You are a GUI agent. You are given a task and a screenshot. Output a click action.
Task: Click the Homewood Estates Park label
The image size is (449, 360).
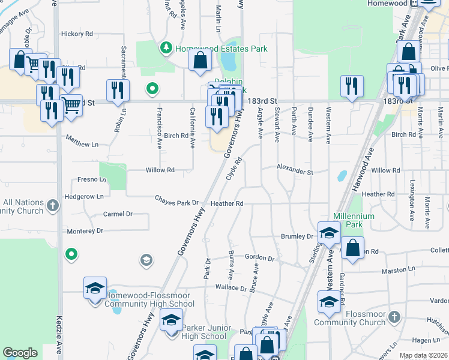(221, 49)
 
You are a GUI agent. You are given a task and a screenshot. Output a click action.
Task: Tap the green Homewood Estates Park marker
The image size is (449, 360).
(166, 47)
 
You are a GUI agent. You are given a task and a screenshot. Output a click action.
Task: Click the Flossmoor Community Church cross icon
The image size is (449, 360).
(394, 316)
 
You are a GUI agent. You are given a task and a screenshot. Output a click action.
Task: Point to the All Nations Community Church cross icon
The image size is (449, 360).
(53, 206)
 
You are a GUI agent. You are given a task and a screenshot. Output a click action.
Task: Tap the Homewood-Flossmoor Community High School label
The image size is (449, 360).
(149, 299)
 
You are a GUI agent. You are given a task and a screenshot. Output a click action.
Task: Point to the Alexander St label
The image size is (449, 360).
(295, 172)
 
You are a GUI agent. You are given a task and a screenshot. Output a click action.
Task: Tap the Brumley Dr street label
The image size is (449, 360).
(297, 236)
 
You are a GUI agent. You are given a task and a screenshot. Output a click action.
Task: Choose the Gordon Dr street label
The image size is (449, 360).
(259, 258)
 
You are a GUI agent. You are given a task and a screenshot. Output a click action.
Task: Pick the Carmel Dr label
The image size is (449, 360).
(118, 214)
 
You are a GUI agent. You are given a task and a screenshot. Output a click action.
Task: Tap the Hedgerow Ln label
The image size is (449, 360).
(84, 196)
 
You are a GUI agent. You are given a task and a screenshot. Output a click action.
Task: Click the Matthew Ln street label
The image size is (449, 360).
(82, 144)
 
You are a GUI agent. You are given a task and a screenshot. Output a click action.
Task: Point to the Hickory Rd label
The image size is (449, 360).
(77, 34)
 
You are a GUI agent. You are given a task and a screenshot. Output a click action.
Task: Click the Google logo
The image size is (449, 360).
(20, 353)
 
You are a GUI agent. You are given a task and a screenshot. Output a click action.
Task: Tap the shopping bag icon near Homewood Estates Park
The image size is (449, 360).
(200, 60)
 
